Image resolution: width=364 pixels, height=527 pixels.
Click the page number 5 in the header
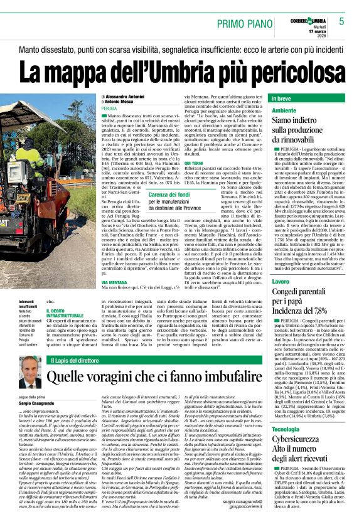tap(341, 21)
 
